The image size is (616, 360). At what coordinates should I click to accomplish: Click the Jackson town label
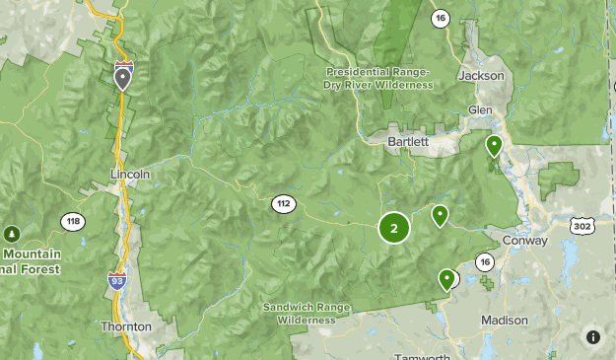click(x=482, y=75)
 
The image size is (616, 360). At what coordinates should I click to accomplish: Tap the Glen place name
click(x=480, y=109)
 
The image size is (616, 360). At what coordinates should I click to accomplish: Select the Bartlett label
click(x=407, y=142)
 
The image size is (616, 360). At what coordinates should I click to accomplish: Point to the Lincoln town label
click(x=129, y=174)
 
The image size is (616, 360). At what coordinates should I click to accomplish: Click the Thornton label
click(x=126, y=325)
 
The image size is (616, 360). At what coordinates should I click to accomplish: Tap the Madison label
click(x=505, y=321)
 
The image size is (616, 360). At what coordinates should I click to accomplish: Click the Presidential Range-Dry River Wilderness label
click(x=377, y=78)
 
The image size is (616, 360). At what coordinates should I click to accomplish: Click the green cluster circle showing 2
click(x=394, y=229)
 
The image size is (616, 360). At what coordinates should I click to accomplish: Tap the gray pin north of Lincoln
click(x=122, y=77)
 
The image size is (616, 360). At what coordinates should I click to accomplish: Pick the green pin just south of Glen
click(x=494, y=146)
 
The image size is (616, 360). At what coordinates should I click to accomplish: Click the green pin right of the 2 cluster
click(x=440, y=214)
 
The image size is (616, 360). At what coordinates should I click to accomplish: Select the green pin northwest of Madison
click(x=447, y=280)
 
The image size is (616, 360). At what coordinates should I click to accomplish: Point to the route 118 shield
click(x=72, y=222)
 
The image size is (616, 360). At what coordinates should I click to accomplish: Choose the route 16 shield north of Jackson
click(x=440, y=18)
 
